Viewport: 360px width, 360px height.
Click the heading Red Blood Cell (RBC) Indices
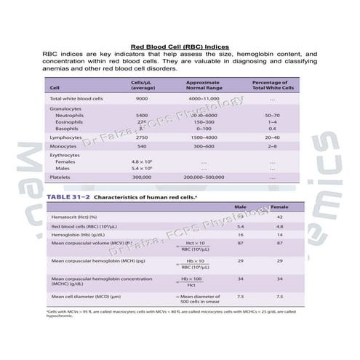(180, 46)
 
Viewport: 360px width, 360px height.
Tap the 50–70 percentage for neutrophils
(272, 115)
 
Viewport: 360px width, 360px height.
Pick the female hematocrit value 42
(279, 217)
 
